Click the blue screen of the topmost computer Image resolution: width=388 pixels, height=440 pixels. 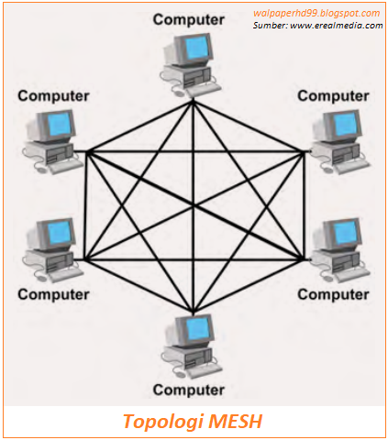195,47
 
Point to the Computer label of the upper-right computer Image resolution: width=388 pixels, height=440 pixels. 333,94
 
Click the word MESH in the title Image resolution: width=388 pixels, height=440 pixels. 239,423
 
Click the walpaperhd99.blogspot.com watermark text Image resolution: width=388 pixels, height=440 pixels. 316,13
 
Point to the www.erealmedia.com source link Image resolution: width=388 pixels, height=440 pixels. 338,25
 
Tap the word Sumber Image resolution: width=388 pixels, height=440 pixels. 272,25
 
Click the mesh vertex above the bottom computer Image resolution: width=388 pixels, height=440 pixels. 191,312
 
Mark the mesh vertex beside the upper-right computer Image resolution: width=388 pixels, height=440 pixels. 303,151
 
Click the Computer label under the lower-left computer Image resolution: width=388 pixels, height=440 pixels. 52,294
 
